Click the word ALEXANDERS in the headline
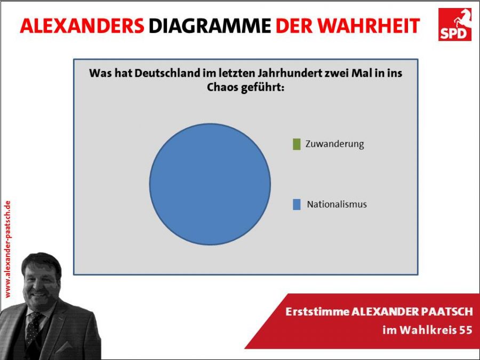click(x=82, y=26)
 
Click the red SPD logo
click(x=454, y=25)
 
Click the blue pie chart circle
click(x=210, y=184)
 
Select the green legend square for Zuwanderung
click(x=297, y=144)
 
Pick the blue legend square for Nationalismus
click(x=297, y=204)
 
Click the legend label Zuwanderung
click(x=334, y=144)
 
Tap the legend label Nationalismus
click(x=337, y=204)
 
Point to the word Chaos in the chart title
click(x=222, y=87)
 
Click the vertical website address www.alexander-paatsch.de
click(x=7, y=249)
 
